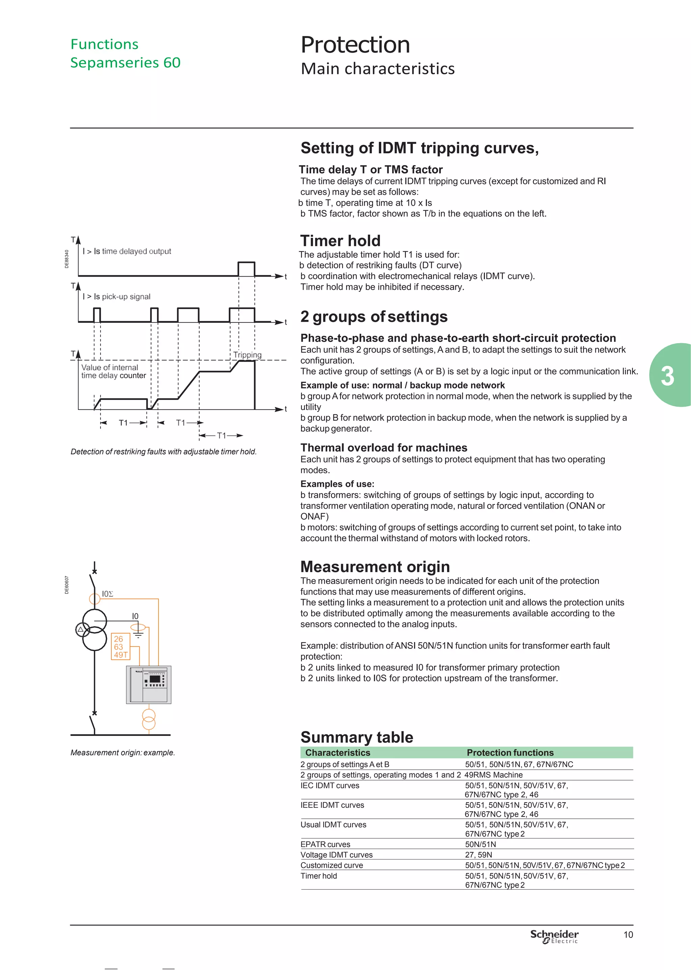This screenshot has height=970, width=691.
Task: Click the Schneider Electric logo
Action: point(554,936)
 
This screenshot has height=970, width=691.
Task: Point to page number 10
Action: point(628,935)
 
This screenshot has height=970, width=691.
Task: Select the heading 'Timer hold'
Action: point(340,240)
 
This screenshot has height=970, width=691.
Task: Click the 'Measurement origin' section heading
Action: point(375,567)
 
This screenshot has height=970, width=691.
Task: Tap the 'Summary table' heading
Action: point(357,737)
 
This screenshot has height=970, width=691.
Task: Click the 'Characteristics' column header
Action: point(337,752)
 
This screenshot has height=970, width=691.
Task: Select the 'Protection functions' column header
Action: point(510,752)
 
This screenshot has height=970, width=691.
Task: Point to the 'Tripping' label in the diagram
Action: point(247,355)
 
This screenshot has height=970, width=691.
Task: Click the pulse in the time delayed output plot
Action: point(246,269)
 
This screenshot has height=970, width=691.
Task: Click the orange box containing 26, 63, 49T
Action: point(120,646)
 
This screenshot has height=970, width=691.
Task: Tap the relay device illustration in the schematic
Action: point(148,684)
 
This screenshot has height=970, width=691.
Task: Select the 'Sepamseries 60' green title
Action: point(125,62)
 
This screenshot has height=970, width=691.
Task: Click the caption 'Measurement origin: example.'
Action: point(122,752)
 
